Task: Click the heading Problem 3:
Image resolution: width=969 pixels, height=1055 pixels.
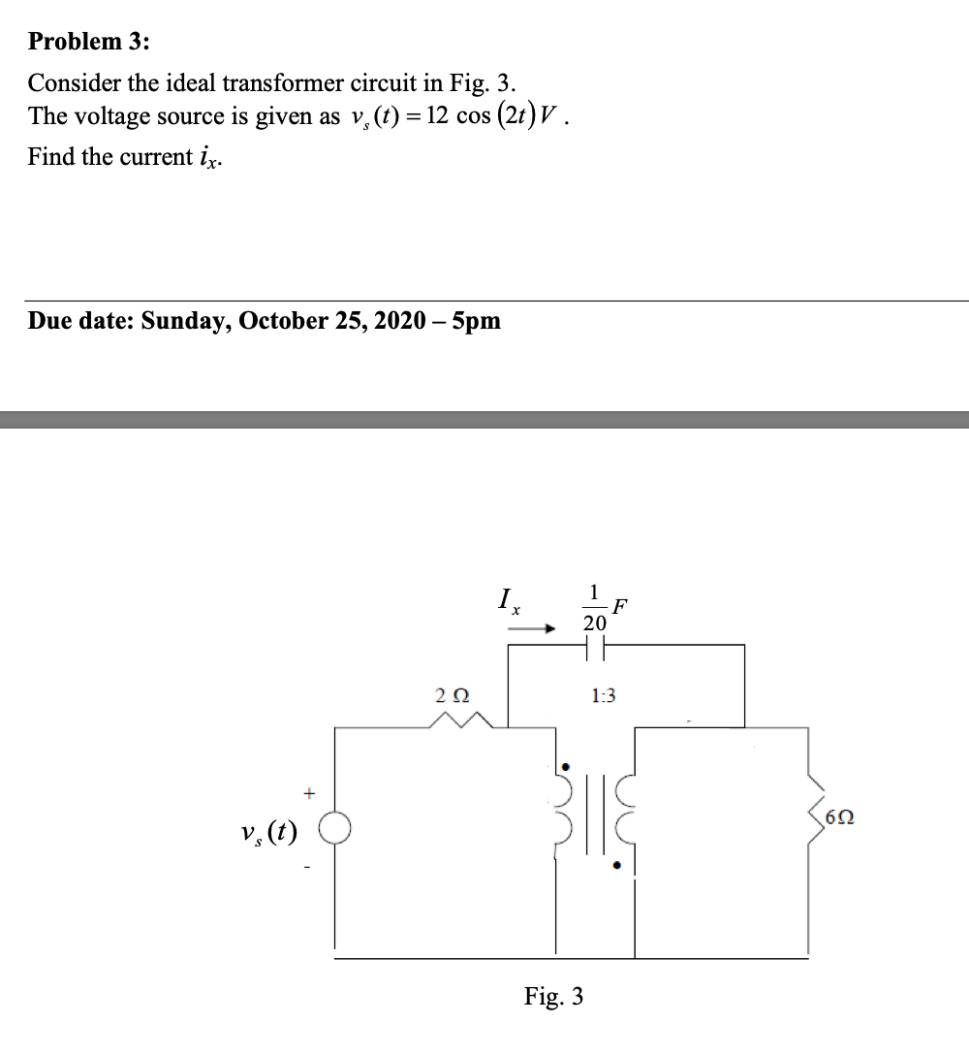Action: (89, 42)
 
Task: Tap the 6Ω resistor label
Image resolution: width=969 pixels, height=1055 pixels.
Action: (838, 819)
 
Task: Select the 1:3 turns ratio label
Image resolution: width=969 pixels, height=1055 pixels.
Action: (603, 695)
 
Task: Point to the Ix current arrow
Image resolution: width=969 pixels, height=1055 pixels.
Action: (531, 628)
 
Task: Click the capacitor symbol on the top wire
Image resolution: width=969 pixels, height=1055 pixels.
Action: (594, 646)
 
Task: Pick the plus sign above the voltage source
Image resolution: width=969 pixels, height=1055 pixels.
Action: (309, 792)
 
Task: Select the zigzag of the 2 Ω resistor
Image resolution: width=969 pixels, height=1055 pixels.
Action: (461, 719)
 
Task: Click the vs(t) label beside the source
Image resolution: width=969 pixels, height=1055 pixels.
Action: (271, 831)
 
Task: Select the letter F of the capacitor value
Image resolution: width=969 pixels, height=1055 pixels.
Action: (620, 609)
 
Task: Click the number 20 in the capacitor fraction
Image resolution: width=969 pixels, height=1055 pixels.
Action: (595, 623)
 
